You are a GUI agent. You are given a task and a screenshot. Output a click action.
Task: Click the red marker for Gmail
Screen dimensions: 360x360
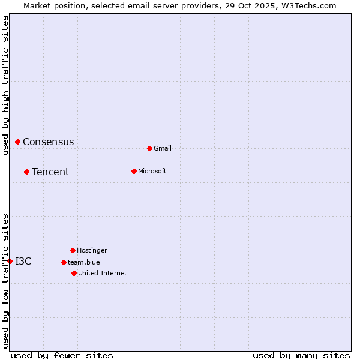point(149,148)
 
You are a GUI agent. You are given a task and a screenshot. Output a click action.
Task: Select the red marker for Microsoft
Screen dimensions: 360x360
point(134,171)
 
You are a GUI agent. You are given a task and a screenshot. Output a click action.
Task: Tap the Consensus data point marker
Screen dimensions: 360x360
point(18,142)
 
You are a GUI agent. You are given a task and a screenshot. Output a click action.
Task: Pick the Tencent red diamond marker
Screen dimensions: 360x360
point(26,172)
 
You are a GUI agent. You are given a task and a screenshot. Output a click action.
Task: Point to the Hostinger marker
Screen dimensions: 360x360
point(73,250)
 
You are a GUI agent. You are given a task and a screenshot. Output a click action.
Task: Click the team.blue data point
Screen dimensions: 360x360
point(64,262)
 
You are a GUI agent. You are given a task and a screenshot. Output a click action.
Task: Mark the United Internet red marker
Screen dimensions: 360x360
point(74,273)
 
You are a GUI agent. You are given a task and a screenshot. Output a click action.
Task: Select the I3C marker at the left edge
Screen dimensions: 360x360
point(10,261)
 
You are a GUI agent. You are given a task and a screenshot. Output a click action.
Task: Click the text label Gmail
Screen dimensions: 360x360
point(163,148)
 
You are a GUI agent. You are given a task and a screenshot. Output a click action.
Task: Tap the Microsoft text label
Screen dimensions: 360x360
point(152,171)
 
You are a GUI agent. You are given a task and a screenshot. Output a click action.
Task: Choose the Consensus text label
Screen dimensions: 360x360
point(49,142)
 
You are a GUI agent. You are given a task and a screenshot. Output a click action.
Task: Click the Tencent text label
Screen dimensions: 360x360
point(50,172)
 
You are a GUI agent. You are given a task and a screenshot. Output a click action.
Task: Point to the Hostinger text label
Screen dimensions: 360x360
point(92,250)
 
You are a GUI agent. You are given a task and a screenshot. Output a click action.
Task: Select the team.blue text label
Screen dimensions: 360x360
point(84,262)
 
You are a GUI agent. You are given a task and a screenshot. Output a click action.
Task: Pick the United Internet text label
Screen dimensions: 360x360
point(103,273)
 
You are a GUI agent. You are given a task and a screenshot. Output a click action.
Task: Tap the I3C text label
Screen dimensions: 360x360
point(23,261)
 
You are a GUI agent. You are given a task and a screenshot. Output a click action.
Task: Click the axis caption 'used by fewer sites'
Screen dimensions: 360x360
point(62,355)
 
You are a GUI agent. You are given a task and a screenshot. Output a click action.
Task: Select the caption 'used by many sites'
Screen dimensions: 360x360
point(301,355)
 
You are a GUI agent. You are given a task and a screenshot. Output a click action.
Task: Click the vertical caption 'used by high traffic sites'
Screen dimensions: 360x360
point(5,85)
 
